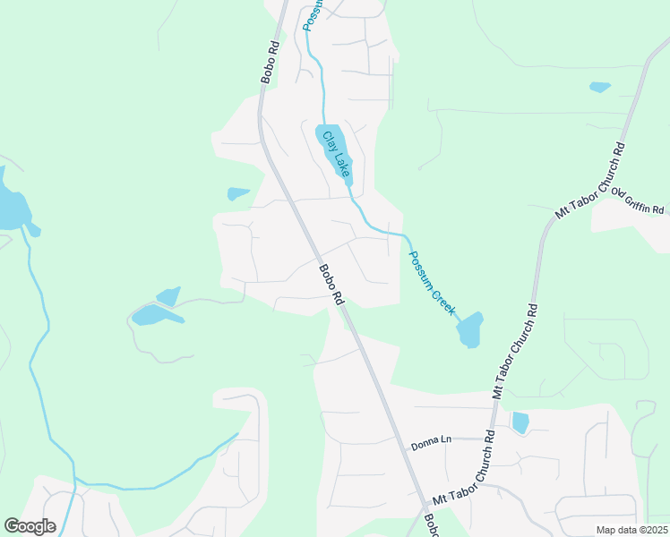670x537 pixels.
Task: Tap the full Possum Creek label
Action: (x=433, y=281)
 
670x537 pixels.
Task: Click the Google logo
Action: (x=30, y=526)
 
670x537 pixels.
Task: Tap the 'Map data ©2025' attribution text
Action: (x=631, y=530)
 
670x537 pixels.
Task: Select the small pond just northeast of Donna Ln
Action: (x=520, y=422)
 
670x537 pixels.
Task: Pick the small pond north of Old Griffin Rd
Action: (x=599, y=87)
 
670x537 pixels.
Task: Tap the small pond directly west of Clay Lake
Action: (x=237, y=193)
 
